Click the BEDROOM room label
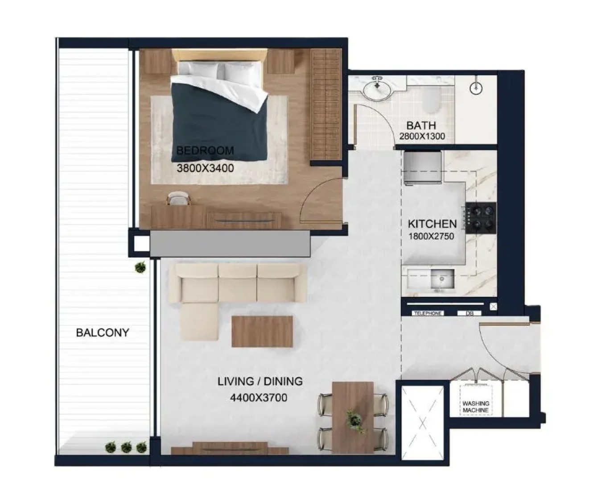click(205, 150)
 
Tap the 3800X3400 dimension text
click(205, 168)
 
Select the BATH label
click(421, 125)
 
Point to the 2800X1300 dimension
click(422, 136)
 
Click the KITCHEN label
click(432, 224)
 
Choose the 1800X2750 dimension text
click(431, 236)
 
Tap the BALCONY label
click(103, 333)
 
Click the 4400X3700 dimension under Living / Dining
click(259, 397)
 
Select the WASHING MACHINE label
click(476, 407)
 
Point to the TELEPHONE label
click(428, 313)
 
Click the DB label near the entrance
click(469, 313)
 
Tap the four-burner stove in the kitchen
click(481, 217)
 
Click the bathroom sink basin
click(377, 89)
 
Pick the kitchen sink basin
click(442, 282)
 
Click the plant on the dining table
click(354, 420)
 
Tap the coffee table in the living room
click(262, 332)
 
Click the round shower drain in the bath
click(476, 88)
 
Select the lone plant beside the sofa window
click(140, 267)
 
